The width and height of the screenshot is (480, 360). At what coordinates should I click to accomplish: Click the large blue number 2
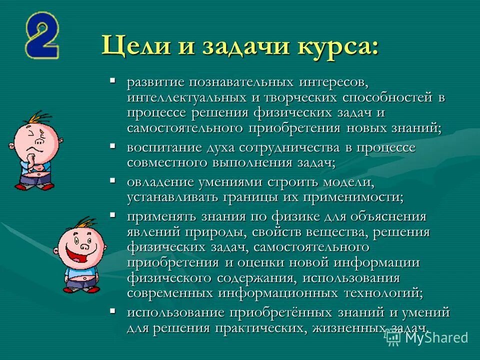click(x=42, y=36)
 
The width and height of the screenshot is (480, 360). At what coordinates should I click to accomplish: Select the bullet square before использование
click(x=113, y=311)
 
